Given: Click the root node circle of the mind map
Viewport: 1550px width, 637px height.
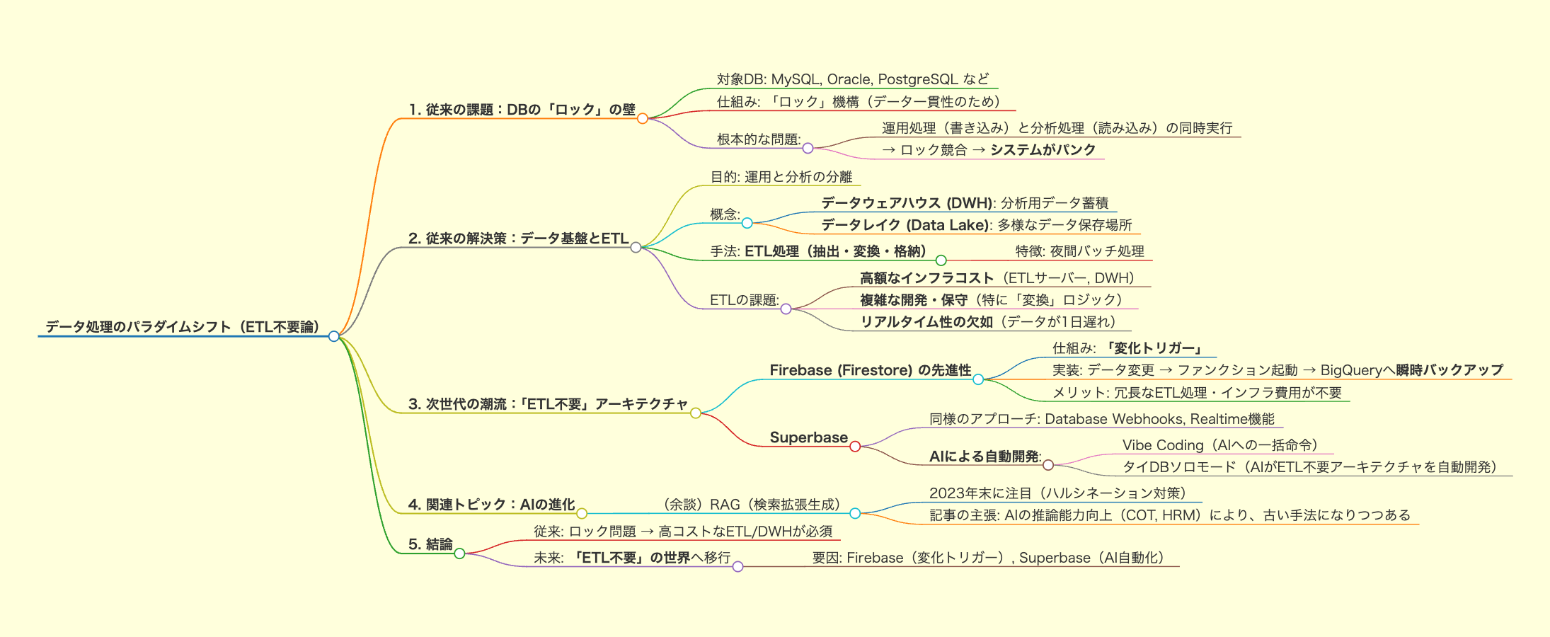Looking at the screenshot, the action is tap(334, 336).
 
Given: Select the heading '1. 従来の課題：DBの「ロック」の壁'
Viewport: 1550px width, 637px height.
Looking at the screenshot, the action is tap(522, 110).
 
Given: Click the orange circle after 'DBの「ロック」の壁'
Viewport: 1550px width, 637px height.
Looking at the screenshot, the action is tap(643, 118).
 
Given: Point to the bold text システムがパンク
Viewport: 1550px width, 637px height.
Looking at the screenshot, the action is tap(1043, 149).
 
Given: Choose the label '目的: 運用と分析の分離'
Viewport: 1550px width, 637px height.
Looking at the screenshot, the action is tap(781, 177).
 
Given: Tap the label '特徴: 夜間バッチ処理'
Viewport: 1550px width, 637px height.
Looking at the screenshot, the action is tap(1079, 251).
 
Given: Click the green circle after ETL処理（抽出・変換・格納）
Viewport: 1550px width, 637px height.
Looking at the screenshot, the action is tap(941, 260).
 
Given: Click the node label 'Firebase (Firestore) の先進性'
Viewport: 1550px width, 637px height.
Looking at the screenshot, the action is tap(871, 370).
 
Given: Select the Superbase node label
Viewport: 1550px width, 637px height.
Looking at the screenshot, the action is tap(809, 437).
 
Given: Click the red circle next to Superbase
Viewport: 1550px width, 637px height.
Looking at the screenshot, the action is tap(855, 447).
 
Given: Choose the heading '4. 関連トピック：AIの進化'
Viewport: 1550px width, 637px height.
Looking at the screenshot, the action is tap(492, 505).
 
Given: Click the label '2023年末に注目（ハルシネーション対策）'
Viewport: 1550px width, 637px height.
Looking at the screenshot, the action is tap(1057, 493).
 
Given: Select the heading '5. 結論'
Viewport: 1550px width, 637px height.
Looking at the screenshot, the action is tap(430, 544).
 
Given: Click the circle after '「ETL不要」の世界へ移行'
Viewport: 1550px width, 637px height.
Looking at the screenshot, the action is tap(737, 567).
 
